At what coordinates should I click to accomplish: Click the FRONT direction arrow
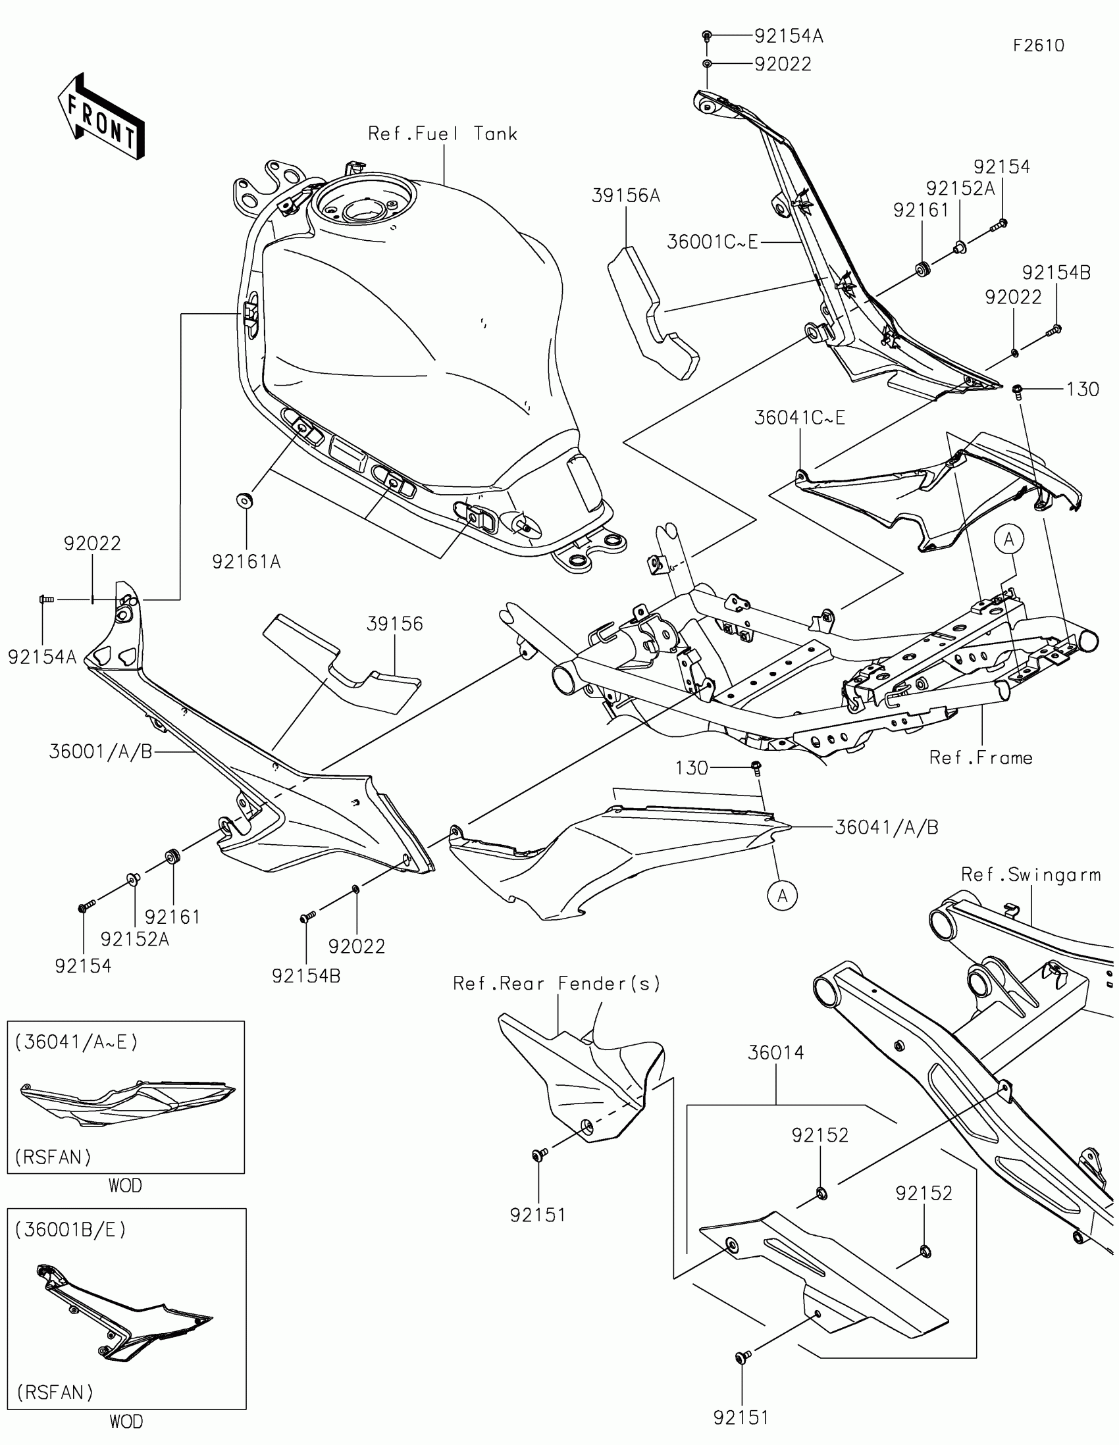(x=101, y=116)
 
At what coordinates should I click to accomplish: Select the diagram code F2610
(x=1038, y=45)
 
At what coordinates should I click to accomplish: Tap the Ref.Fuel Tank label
(x=442, y=134)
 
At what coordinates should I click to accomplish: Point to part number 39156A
(x=625, y=196)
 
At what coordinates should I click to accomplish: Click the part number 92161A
(x=246, y=562)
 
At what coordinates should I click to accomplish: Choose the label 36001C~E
(x=712, y=242)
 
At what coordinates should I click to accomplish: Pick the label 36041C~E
(x=799, y=417)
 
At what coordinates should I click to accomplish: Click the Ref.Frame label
(x=981, y=757)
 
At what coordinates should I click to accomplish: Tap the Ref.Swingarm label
(x=1031, y=875)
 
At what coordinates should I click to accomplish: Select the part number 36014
(x=775, y=1053)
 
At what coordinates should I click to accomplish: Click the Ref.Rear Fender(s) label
(x=556, y=984)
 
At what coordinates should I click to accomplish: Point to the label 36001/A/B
(x=101, y=751)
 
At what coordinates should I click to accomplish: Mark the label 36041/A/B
(x=887, y=827)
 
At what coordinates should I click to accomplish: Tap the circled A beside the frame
(x=1008, y=540)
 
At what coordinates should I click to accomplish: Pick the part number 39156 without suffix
(x=395, y=624)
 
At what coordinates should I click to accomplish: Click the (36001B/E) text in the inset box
(x=70, y=1229)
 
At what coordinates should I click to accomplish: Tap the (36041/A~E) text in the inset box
(x=77, y=1042)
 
